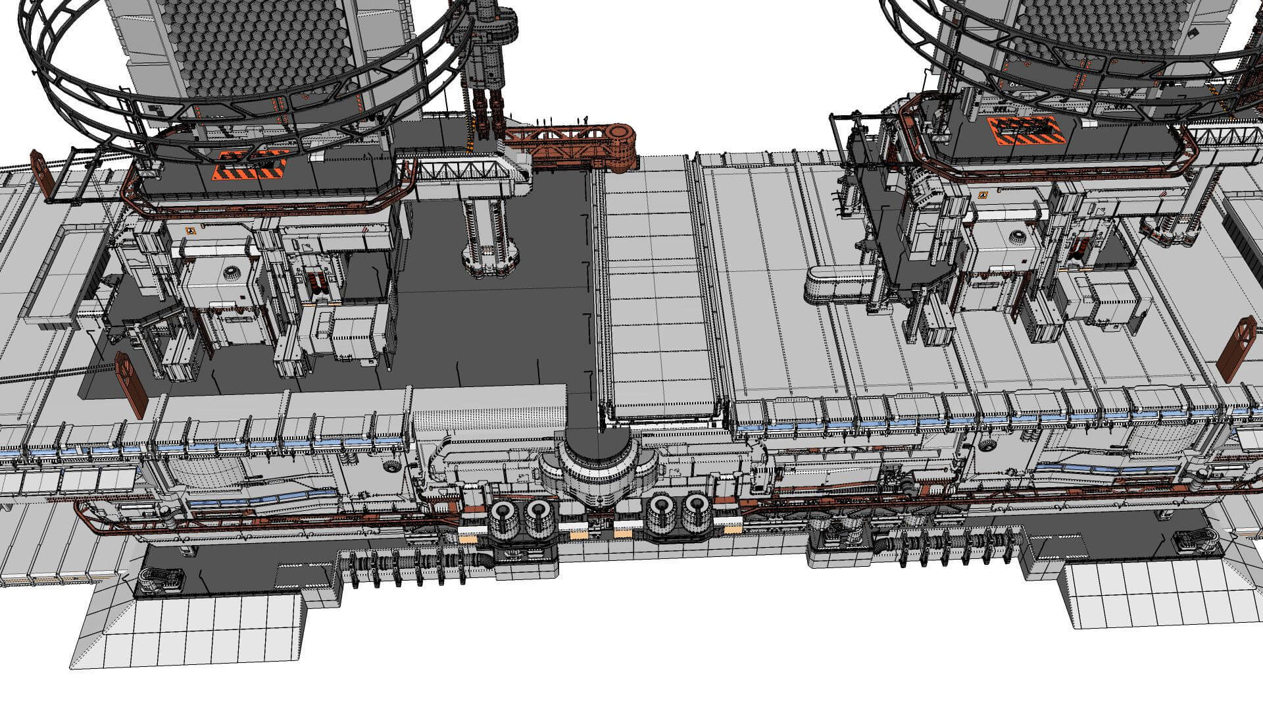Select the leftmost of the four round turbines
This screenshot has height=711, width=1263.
[x=504, y=515]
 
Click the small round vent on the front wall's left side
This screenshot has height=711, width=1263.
[x=392, y=466]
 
